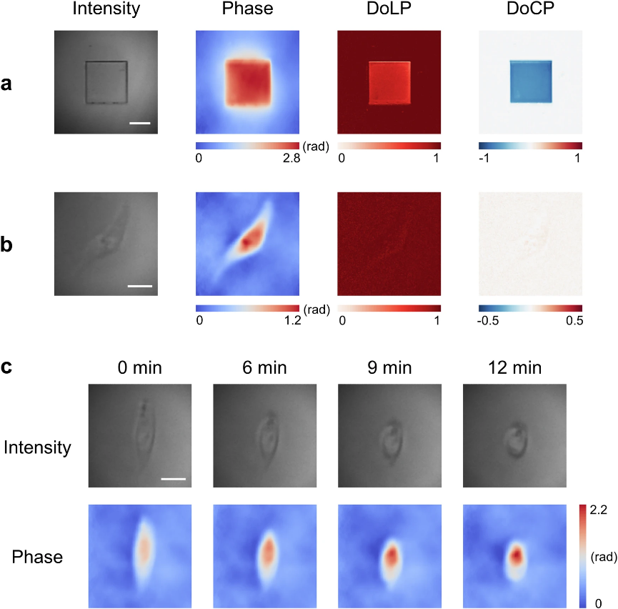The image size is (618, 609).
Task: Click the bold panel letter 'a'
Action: click(6, 84)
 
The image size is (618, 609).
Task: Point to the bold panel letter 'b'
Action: click(7, 244)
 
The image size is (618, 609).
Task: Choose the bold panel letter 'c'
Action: click(6, 368)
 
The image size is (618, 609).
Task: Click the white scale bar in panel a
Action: click(140, 123)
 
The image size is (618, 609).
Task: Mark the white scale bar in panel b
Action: click(140, 286)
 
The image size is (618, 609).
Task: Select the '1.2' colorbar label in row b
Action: click(291, 321)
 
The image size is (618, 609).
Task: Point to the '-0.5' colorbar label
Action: click(489, 321)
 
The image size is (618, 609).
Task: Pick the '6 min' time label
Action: click(264, 369)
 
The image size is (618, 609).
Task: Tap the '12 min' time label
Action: click(515, 369)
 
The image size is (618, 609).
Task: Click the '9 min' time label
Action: click(389, 369)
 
